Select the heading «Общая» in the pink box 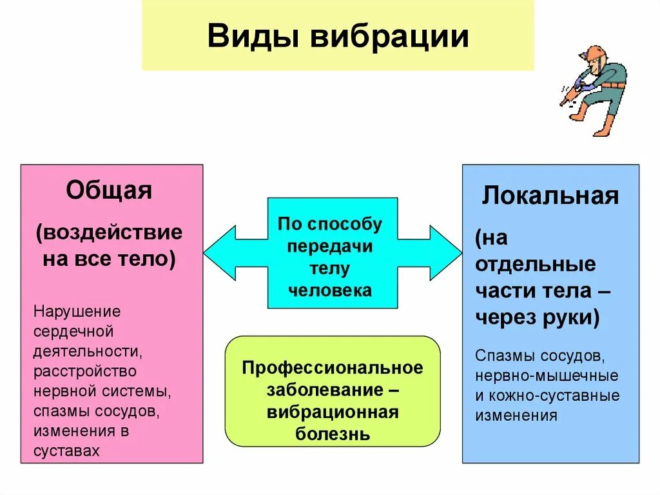coord(109,190)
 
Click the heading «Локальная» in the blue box coord(550,196)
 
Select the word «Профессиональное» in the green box coord(333,368)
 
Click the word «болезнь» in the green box coord(333,434)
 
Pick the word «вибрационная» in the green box coord(333,412)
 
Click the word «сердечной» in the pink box coord(73,332)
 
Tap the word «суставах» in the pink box coord(67,451)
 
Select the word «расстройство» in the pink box coord(85,372)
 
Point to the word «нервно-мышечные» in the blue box coord(547,376)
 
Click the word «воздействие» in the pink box coord(109,232)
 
